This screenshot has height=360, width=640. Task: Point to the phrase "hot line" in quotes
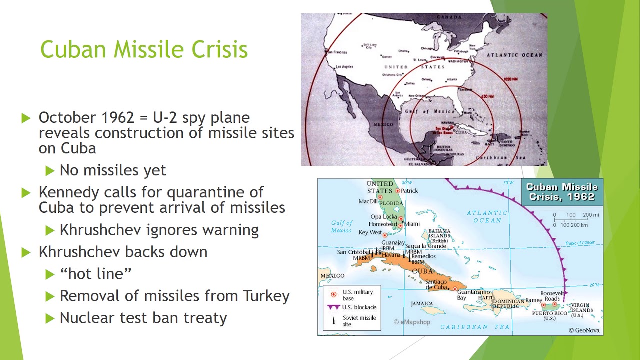[95, 274]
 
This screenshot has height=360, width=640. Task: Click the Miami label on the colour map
[412, 224]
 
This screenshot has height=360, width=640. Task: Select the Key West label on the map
[370, 233]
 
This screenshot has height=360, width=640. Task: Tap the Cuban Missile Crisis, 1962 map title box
[562, 192]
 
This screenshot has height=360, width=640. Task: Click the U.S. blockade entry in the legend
[359, 307]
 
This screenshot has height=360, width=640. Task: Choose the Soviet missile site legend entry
[359, 321]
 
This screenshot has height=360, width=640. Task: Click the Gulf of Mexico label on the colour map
[341, 226]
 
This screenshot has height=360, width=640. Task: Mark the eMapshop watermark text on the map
[412, 322]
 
